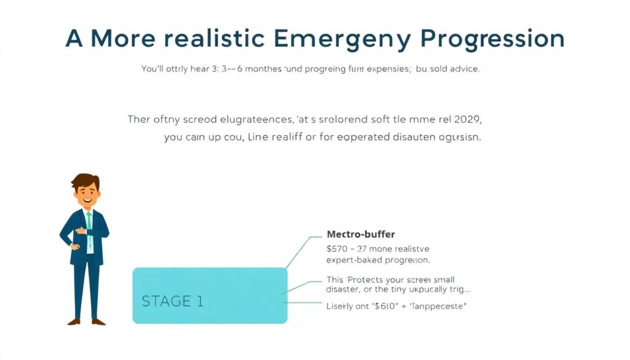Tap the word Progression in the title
click(x=493, y=38)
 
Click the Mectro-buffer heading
click(x=361, y=234)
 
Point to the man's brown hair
click(x=85, y=181)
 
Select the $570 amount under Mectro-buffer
click(x=338, y=249)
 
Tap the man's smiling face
click(x=86, y=196)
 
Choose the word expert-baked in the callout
click(x=353, y=260)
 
